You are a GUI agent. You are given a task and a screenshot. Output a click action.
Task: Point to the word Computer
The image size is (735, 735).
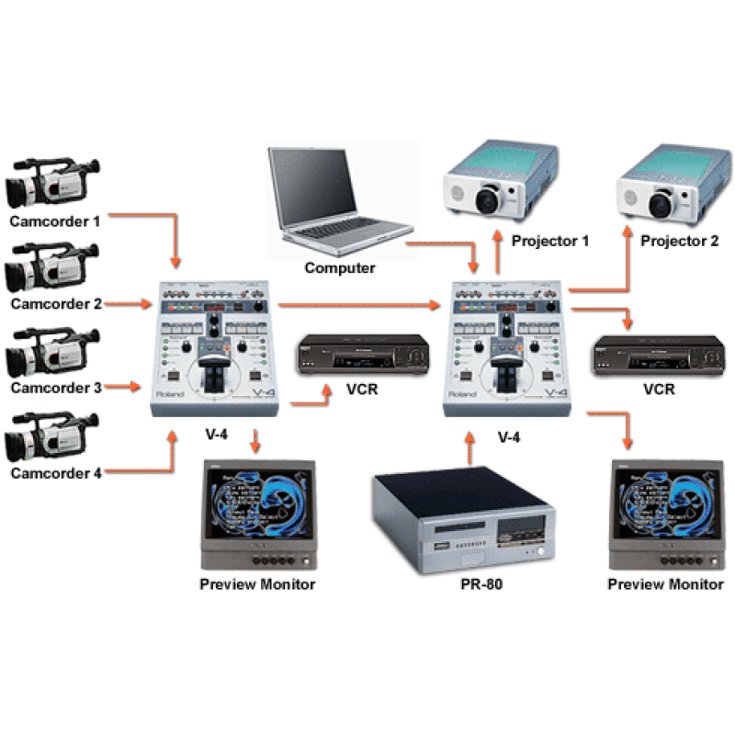click(340, 268)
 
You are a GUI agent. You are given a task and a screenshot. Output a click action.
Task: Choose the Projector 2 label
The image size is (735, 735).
click(680, 241)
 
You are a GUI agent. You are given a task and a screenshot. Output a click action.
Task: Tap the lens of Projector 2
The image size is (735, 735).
click(661, 197)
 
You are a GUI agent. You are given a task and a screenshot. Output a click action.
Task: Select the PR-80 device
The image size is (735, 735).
click(464, 519)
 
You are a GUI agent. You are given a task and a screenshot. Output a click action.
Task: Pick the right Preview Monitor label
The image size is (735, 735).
click(666, 584)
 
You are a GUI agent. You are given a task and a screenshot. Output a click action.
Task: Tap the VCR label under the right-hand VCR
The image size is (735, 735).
click(659, 389)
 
